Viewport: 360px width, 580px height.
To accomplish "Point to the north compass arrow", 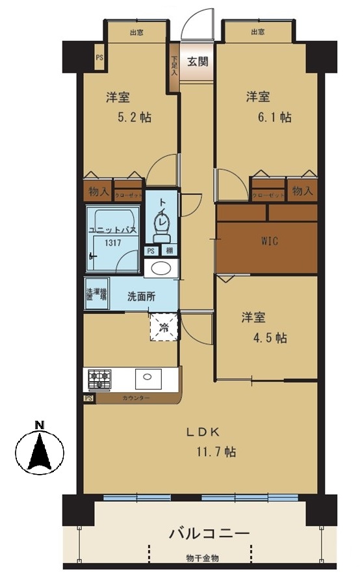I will (40, 451).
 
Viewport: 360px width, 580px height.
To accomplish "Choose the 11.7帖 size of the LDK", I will (212, 451).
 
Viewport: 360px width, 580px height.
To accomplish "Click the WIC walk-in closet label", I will (270, 241).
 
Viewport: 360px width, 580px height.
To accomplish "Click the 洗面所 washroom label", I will (141, 296).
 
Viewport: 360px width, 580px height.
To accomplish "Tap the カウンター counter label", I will (136, 397).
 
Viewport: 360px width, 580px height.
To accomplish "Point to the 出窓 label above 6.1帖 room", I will (257, 32).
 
